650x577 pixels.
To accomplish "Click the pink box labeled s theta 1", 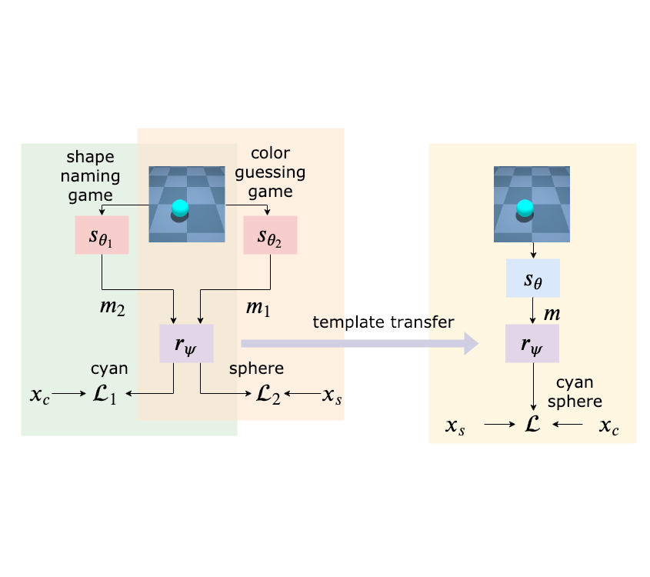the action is point(102,235).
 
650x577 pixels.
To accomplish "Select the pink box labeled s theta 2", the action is point(270,235).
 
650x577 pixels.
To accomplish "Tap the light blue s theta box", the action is point(532,278).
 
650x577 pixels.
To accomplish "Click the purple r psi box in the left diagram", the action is point(187,344).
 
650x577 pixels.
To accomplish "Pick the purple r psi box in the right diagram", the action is point(532,344).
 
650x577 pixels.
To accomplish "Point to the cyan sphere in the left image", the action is point(180,208).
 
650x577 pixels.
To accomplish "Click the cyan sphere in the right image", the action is point(525,208).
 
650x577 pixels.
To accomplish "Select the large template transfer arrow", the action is point(360,344).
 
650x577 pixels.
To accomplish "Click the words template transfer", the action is point(383,322).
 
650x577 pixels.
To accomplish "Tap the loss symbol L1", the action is point(105,394).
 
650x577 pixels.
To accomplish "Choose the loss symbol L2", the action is point(268,394).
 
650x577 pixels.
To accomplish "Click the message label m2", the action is point(112,308).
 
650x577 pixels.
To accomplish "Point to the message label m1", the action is point(258,308).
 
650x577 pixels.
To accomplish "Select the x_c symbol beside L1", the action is point(40,395).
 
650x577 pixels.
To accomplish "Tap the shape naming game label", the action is point(90,175).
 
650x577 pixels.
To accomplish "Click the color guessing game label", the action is point(270,172).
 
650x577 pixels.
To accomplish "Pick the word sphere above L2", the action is point(257,369).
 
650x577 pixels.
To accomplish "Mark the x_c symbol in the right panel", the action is point(608,425).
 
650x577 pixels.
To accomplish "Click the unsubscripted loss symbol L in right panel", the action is point(532,424).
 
